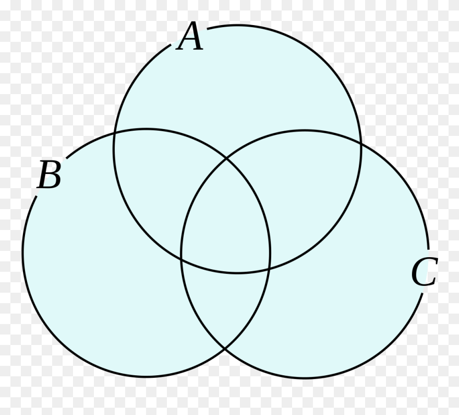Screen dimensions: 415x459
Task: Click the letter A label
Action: pos(190,38)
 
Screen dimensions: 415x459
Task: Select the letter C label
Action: pos(423,272)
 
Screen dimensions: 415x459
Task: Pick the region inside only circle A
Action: pos(237,84)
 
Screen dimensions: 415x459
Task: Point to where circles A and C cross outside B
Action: pos(360,141)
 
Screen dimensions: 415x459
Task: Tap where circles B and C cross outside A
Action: pos(225,349)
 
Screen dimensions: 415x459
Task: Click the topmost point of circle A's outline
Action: pos(237,25)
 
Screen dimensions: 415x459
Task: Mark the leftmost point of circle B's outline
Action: pos(22,253)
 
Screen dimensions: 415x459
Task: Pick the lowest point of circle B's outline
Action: pos(146,377)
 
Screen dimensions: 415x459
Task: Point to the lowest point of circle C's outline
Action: pos(305,378)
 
